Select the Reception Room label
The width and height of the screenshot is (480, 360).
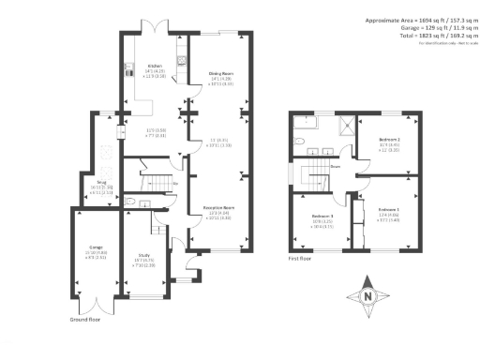pos(217,207)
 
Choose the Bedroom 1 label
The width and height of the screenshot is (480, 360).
pos(390,208)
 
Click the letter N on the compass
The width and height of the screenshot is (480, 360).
pos(368,298)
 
